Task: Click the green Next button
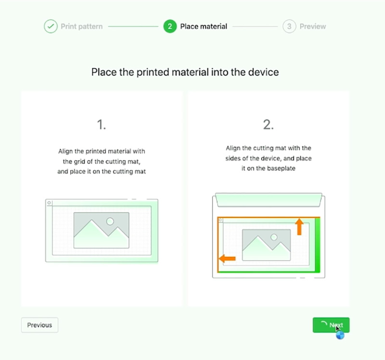pyautogui.click(x=331, y=325)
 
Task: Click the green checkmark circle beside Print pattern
pyautogui.click(x=51, y=26)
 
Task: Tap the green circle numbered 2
pyautogui.click(x=170, y=26)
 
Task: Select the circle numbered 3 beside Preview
pyautogui.click(x=289, y=26)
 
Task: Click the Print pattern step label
pyautogui.click(x=81, y=26)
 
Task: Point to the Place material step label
pyautogui.click(x=204, y=26)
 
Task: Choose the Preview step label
pyautogui.click(x=312, y=26)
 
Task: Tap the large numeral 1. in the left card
pyautogui.click(x=102, y=125)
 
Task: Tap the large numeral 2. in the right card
pyautogui.click(x=269, y=125)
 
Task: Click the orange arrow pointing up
pyautogui.click(x=299, y=227)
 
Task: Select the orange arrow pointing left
pyautogui.click(x=227, y=258)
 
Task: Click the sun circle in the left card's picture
pyautogui.click(x=110, y=221)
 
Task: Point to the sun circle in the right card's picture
pyautogui.click(x=274, y=237)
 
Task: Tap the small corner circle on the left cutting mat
pyautogui.click(x=49, y=203)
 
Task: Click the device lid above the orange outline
pyautogui.click(x=269, y=200)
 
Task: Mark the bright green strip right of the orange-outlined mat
pyautogui.click(x=318, y=245)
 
